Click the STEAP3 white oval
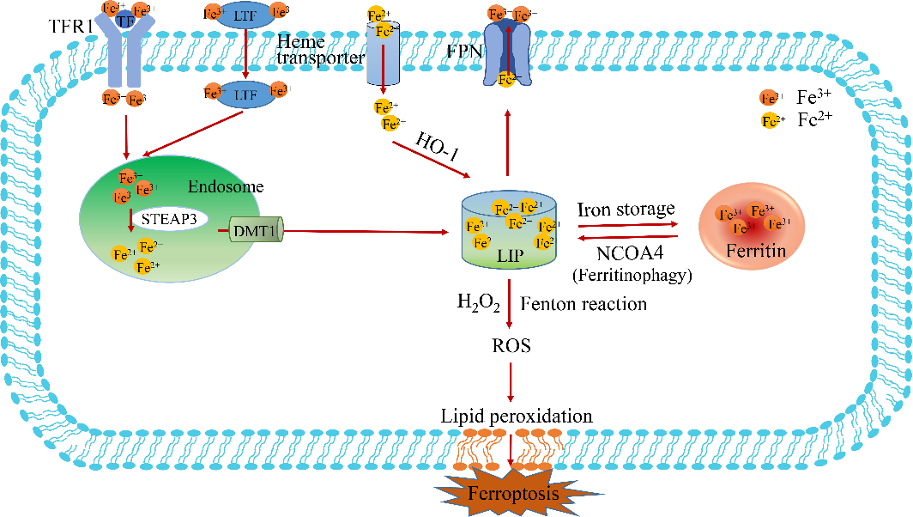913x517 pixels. [x=170, y=219]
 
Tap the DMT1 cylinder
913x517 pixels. [x=256, y=230]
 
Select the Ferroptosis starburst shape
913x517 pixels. [x=512, y=493]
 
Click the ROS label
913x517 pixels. [x=512, y=346]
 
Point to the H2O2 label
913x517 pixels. [x=479, y=304]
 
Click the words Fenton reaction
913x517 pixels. [x=583, y=304]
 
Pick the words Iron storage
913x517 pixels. [x=627, y=210]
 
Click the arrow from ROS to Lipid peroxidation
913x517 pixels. [x=512, y=381]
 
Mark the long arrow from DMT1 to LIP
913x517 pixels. [x=369, y=231]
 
